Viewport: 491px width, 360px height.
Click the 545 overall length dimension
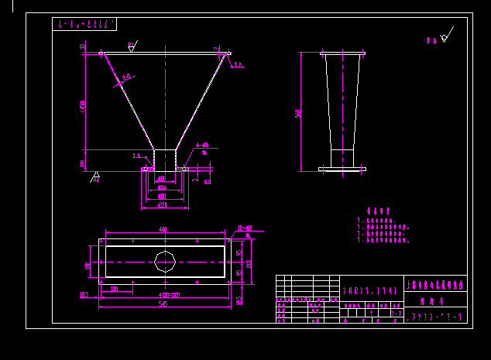tap(163, 304)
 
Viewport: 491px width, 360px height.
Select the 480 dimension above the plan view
tap(163, 229)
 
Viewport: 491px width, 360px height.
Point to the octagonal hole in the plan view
tap(165, 261)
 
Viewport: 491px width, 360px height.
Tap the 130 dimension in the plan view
tap(115, 288)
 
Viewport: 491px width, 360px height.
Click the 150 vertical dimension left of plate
tap(88, 266)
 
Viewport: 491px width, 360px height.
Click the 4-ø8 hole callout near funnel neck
tap(202, 145)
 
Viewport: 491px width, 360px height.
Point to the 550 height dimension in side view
tap(297, 113)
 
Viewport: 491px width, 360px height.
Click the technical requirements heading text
tap(373, 209)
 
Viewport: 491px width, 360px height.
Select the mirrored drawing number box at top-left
tap(84, 24)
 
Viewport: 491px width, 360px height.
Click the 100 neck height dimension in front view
tap(83, 163)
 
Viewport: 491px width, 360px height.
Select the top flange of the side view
tap(342, 53)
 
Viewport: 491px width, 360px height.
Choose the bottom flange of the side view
tap(342, 168)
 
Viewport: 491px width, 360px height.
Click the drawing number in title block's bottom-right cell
tap(437, 317)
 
